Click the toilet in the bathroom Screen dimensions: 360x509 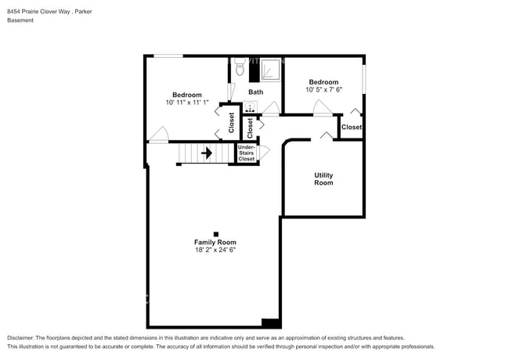tap(240, 70)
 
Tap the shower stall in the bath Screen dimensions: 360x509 tap(269, 70)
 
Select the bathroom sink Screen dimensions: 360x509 tap(251, 108)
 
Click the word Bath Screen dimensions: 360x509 tap(256, 92)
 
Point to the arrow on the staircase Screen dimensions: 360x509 tap(207, 153)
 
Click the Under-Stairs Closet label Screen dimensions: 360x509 tap(247, 153)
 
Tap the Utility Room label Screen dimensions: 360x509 tap(323, 179)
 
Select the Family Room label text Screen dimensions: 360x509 tap(215, 243)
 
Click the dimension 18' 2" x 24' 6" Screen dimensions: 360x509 tap(215, 250)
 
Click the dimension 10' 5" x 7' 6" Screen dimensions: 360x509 tap(323, 89)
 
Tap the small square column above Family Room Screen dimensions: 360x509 tap(215, 233)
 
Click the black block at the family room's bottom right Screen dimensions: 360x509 tap(271, 322)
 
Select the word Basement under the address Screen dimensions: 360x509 tap(20, 20)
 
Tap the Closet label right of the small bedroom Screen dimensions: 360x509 tap(352, 127)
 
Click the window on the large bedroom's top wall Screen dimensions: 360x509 tap(168, 56)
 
